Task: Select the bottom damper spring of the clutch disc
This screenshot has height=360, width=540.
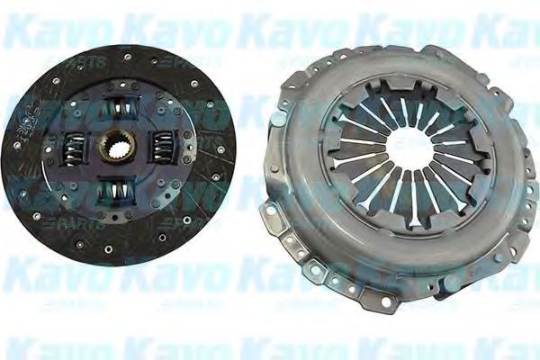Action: [x=117, y=191]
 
